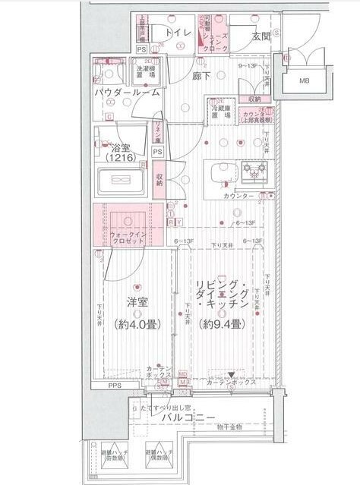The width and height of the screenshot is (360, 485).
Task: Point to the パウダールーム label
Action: (127, 92)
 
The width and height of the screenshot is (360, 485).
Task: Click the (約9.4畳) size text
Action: (221, 324)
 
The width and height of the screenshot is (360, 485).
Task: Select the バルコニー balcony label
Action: (188, 417)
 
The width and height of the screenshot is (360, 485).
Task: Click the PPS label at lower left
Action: (113, 385)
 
